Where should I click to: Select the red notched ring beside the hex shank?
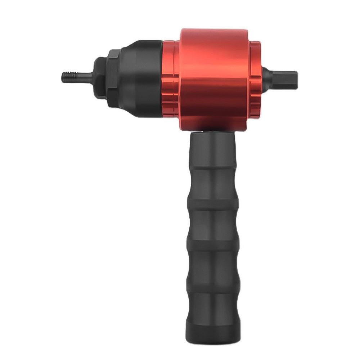[x=255, y=77]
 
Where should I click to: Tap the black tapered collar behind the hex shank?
[x=266, y=76]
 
